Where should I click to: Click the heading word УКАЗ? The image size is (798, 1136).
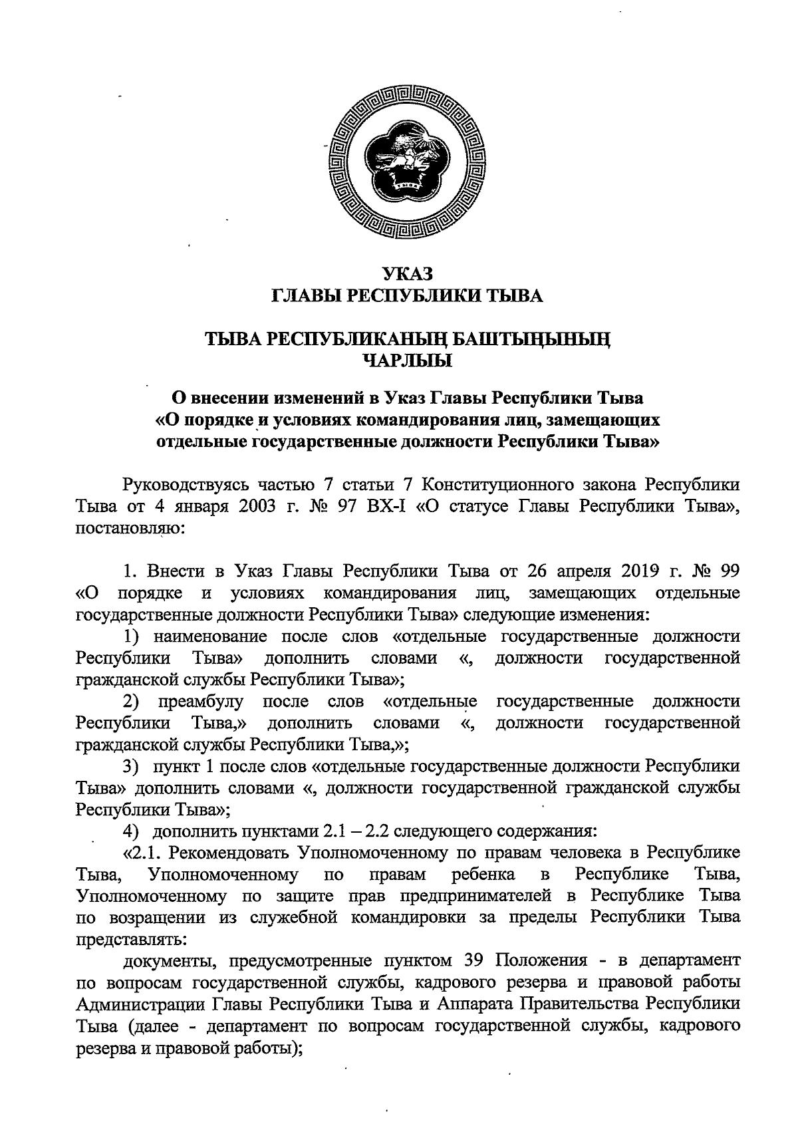click(408, 273)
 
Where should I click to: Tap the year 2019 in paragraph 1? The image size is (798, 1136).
click(629, 571)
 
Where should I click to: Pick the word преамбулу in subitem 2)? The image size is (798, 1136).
click(201, 701)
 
